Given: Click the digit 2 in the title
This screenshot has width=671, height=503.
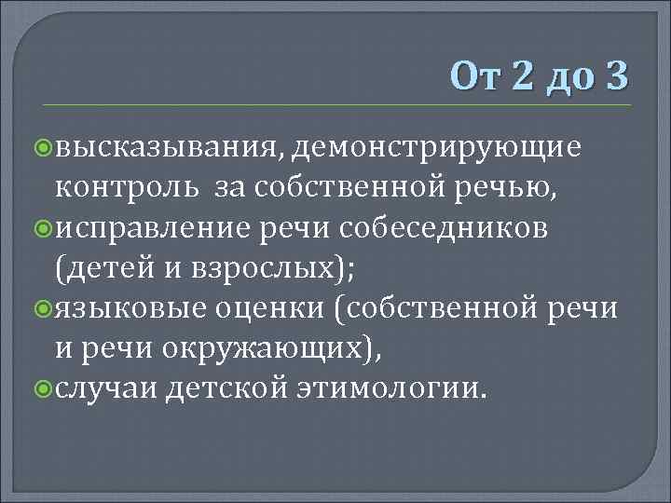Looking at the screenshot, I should click(519, 74).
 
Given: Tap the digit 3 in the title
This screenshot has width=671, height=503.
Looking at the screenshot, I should click(617, 74).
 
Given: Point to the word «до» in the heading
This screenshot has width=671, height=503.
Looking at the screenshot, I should click(568, 75).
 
